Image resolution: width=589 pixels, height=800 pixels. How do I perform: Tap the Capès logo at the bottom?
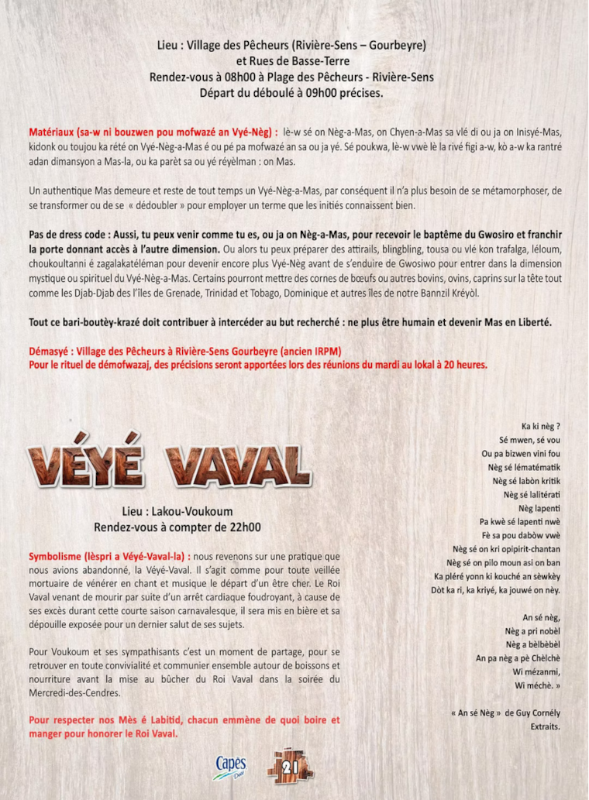click(229, 766)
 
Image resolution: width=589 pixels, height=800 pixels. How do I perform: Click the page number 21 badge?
click(291, 767)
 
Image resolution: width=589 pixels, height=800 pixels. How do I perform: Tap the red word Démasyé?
click(51, 351)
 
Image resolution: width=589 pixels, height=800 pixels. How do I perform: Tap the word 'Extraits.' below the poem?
click(545, 727)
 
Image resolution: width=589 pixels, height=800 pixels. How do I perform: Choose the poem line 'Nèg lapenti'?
click(539, 508)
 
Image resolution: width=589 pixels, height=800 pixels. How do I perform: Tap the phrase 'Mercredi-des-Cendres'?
click(75, 693)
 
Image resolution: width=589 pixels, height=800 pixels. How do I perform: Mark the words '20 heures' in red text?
click(463, 364)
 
